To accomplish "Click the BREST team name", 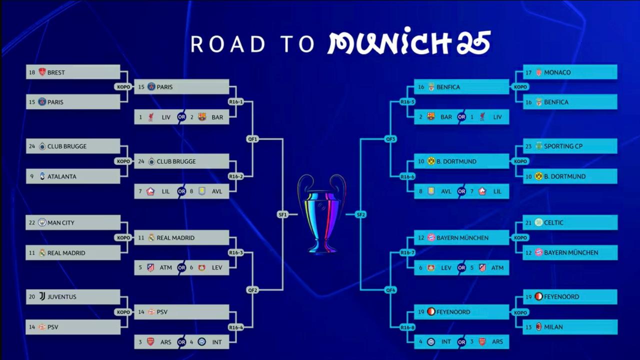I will pos(56,72).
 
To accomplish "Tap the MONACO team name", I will pos(557,72).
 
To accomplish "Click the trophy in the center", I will pos(321,213).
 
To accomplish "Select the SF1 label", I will pos(282,214).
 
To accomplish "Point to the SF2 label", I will pos(360,214).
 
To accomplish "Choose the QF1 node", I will pos(252,139).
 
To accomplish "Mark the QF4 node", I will pos(390,290).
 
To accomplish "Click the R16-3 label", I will pos(235,252).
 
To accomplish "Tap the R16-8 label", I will pos(407,327).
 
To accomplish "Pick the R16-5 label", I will pos(407,102).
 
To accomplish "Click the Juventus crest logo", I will pos(42,296).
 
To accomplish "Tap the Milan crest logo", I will pos(538,327).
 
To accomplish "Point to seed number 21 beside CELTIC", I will pos(528,222).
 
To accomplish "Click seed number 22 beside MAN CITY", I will pos(32,222).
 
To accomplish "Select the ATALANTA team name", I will pos(61,176).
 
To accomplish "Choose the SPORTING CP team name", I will pos(563,146).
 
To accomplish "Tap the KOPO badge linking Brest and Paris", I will pos(123,87).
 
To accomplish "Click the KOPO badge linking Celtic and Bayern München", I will pos(520,237).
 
